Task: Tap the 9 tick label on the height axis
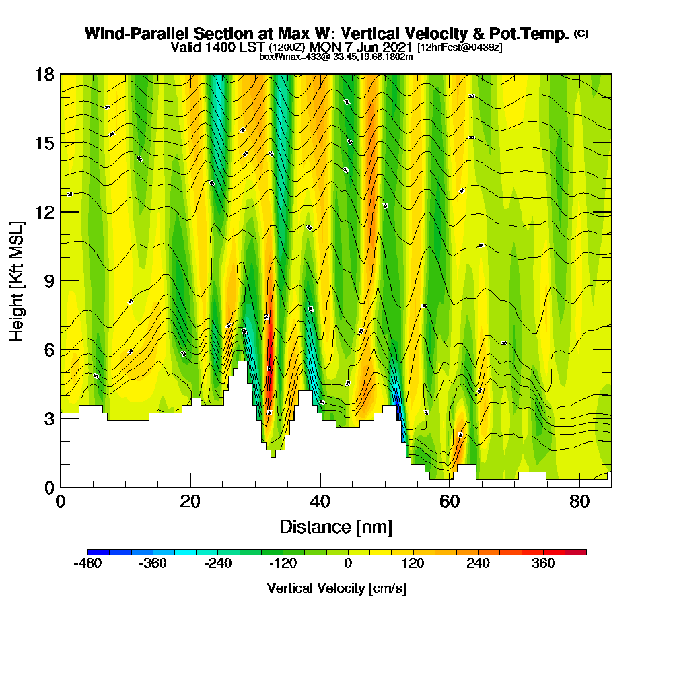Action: coord(48,281)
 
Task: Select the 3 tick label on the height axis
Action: coord(48,418)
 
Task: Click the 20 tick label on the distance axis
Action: coord(190,502)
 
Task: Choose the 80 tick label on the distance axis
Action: coord(580,502)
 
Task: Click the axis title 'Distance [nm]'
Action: coord(336,526)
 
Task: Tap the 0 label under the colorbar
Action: coord(348,563)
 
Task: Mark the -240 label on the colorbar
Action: coord(217,563)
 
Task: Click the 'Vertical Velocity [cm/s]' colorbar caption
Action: coord(336,588)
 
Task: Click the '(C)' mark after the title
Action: coord(581,34)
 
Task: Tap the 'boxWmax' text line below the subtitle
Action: coord(336,57)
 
